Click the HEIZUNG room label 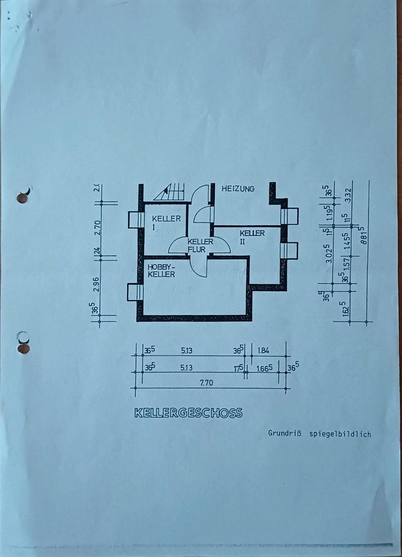[238, 189]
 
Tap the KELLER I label [166, 222]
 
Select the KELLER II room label [252, 236]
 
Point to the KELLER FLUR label [200, 245]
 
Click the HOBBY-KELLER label [161, 270]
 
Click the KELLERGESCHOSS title [188, 413]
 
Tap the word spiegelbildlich [340, 433]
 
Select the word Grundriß [285, 433]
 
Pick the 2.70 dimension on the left [98, 226]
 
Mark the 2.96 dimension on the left [96, 284]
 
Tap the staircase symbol [170, 191]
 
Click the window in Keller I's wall [137, 220]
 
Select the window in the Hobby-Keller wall [135, 292]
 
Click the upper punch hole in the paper [23, 198]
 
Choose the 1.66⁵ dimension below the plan [263, 367]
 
